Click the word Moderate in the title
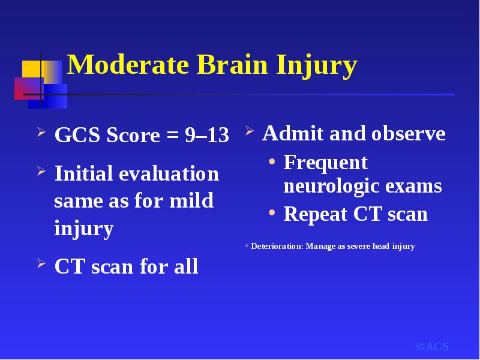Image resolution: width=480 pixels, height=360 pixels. tap(128, 64)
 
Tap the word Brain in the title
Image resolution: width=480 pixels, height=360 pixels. tap(232, 64)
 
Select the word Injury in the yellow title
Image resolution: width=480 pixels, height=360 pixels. tap(317, 67)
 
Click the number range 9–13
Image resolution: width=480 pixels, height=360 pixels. tap(207, 134)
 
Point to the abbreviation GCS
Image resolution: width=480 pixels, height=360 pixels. tap(77, 134)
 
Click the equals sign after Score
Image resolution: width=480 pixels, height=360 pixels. tap(172, 136)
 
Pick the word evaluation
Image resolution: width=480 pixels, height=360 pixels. tap(169, 173)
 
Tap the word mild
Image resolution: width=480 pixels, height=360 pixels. tap(191, 200)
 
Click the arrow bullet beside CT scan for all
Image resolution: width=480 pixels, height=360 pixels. tap(41, 263)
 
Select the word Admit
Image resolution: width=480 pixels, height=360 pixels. tap(293, 133)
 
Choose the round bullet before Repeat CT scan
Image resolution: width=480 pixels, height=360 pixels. tap(272, 212)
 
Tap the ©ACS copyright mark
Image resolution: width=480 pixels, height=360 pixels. tap(432, 347)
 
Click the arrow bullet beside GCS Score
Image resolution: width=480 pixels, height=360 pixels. tap(41, 132)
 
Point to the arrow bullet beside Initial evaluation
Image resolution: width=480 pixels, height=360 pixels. tap(41, 171)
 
